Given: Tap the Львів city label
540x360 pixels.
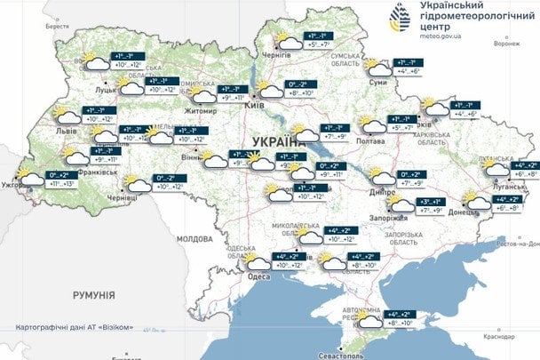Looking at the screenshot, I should pyautogui.click(x=67, y=131).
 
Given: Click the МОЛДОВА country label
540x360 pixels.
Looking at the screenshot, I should pyautogui.click(x=195, y=239).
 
